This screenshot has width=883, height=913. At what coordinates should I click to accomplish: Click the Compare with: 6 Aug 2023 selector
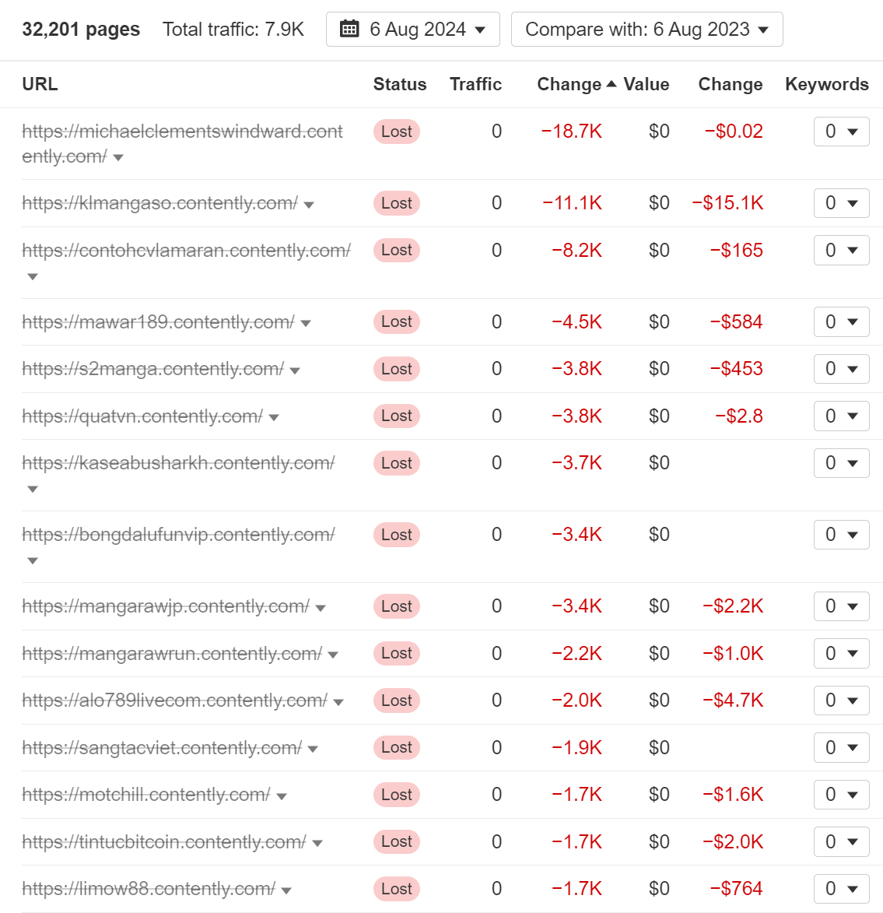click(646, 30)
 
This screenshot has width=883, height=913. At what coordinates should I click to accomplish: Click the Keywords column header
click(826, 84)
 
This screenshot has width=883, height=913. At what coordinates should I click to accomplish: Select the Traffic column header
click(475, 84)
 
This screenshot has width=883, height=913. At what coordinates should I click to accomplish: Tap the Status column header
click(399, 84)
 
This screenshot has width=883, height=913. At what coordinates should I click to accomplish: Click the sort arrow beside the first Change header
click(611, 84)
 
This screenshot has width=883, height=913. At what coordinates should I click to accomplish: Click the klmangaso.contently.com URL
click(159, 203)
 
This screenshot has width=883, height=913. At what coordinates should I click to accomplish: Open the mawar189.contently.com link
click(158, 322)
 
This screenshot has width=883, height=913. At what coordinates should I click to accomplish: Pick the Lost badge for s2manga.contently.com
click(396, 369)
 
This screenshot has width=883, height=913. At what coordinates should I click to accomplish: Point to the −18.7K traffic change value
click(572, 132)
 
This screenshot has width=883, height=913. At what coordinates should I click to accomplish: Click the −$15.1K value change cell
click(727, 203)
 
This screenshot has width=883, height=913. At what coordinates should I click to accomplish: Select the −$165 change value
click(736, 251)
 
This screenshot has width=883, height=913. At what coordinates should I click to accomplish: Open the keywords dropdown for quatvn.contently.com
click(841, 416)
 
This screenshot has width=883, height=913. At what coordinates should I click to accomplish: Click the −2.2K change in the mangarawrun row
click(576, 654)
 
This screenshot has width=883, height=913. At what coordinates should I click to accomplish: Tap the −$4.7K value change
click(732, 701)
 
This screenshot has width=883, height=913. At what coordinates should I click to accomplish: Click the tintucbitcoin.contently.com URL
click(163, 842)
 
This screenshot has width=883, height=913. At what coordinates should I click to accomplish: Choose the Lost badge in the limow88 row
click(396, 889)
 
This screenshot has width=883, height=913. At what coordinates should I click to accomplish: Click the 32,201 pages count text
click(81, 30)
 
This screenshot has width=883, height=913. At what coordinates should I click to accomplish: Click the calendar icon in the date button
click(350, 30)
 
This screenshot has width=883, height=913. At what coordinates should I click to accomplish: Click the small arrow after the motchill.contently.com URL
click(282, 796)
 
